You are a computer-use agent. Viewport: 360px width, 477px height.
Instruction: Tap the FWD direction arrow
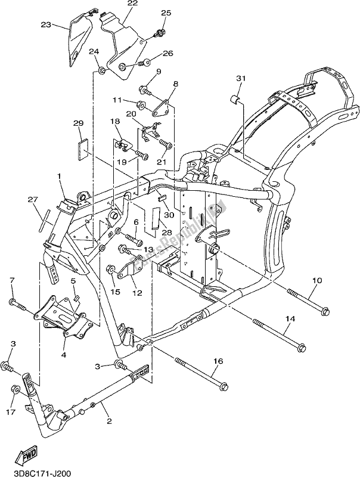28,458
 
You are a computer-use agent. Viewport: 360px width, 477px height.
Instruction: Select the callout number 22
132,4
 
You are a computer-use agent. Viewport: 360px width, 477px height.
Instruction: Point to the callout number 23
46,25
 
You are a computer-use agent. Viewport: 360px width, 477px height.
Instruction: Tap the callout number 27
32,200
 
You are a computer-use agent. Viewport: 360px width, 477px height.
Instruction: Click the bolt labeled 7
17,306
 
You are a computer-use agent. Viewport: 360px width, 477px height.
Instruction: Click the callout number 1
60,176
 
